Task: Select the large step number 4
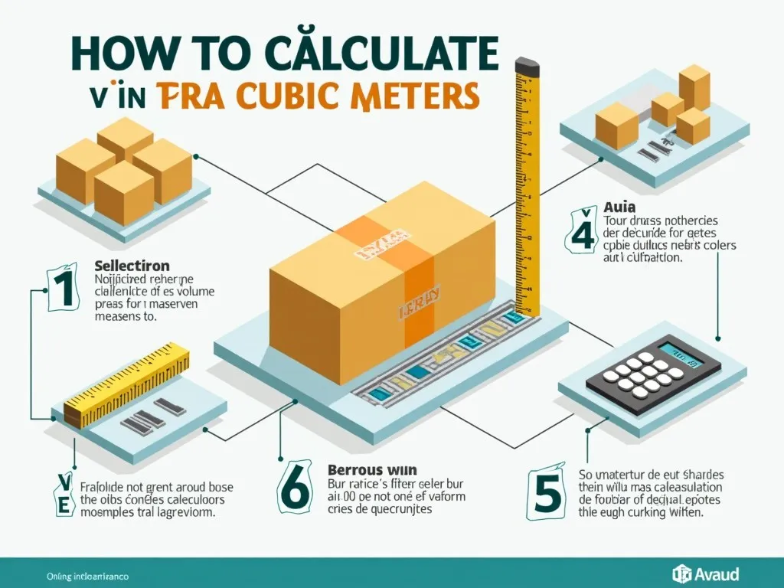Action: pyautogui.click(x=582, y=230)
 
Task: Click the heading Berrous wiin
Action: pyautogui.click(x=365, y=469)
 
